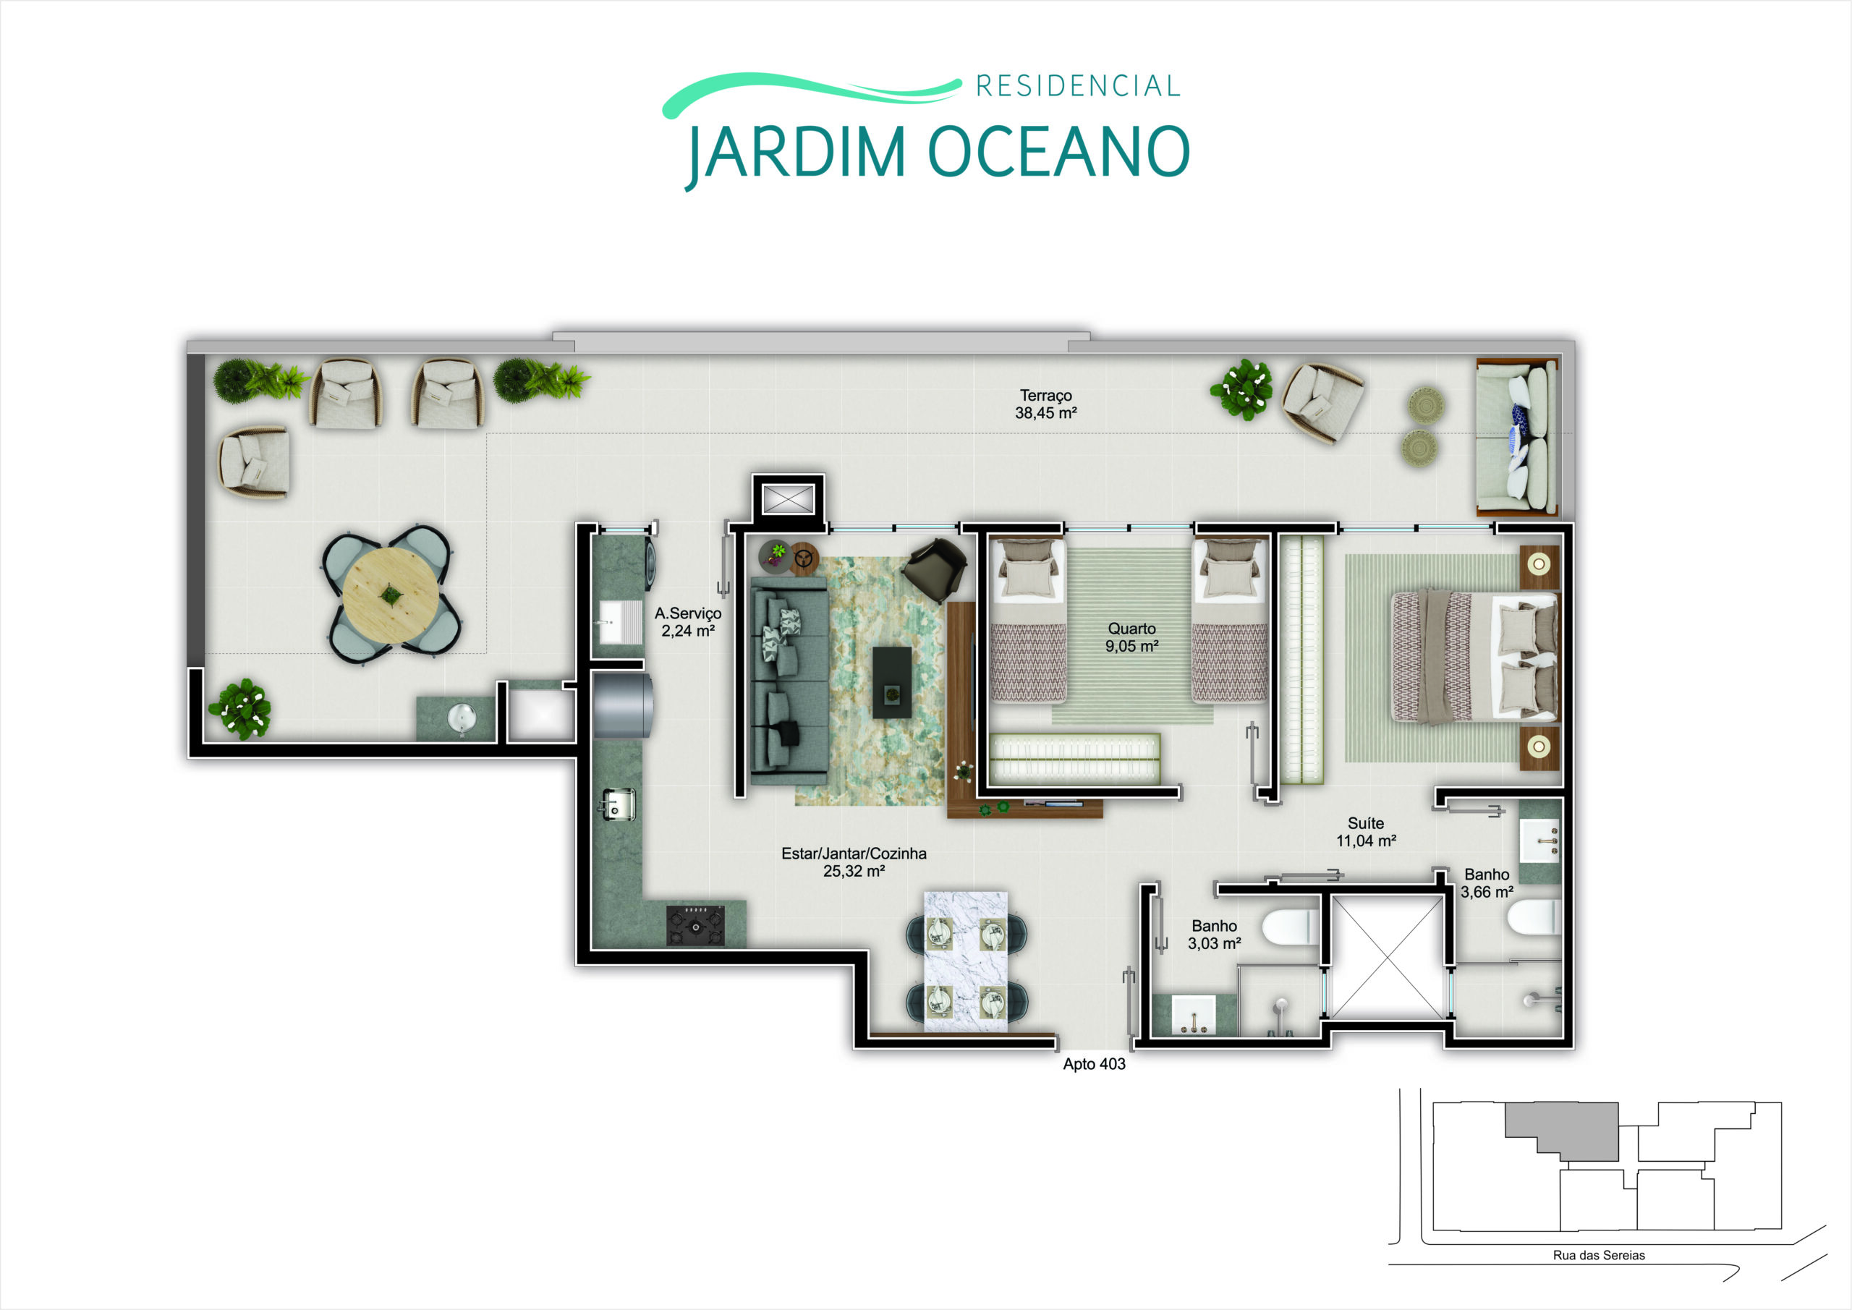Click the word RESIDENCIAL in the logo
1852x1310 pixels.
[x=1078, y=85]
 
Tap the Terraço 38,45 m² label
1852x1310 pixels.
[x=1046, y=404]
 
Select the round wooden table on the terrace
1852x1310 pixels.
[x=391, y=596]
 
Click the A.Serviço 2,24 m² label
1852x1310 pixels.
[x=687, y=622]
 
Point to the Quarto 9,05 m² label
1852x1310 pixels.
[x=1131, y=637]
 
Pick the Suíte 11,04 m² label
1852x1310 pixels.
[x=1366, y=832]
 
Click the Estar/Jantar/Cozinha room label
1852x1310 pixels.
[x=854, y=862]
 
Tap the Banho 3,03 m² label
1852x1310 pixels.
[x=1214, y=934]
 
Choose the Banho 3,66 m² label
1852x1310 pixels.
[x=1487, y=883]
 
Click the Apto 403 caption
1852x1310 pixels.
[x=1094, y=1064]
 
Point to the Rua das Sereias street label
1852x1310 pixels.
[x=1599, y=1255]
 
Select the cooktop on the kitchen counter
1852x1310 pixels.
[x=695, y=925]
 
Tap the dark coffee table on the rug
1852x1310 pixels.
[x=892, y=682]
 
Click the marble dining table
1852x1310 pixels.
[x=966, y=961]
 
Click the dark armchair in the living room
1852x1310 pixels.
[x=935, y=568]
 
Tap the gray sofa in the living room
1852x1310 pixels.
[x=789, y=680]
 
